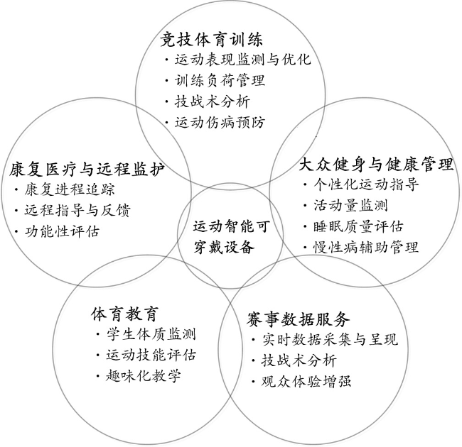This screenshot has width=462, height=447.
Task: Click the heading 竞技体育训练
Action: click(212, 40)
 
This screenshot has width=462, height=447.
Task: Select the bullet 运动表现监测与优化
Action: click(243, 60)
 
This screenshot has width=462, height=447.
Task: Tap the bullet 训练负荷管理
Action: click(220, 81)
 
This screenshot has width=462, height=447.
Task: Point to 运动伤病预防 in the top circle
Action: click(220, 122)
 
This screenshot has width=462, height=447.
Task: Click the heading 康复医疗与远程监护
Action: click(87, 170)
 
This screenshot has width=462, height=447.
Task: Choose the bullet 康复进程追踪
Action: click(70, 189)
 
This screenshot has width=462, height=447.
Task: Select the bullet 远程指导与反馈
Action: click(77, 211)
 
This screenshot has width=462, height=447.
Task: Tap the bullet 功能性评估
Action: click(62, 231)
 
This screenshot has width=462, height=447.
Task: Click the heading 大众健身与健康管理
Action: click(376, 164)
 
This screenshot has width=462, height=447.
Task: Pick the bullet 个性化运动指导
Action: click(366, 184)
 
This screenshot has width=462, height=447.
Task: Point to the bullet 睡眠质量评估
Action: click(358, 226)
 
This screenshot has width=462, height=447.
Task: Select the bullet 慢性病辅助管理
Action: click(366, 248)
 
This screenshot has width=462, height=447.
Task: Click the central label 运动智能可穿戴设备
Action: click(232, 237)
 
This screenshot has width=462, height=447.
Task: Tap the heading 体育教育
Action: click(125, 314)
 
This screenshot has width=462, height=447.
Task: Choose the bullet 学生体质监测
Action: click(151, 334)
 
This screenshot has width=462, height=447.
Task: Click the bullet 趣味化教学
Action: click(144, 376)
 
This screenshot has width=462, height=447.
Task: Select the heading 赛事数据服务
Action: click(299, 319)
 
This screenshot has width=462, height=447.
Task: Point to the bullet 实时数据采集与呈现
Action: click(330, 340)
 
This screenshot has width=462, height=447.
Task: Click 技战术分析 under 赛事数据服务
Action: click(299, 360)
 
